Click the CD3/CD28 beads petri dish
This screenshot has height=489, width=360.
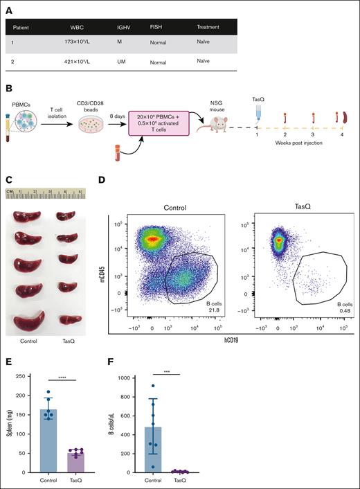click(86, 128)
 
